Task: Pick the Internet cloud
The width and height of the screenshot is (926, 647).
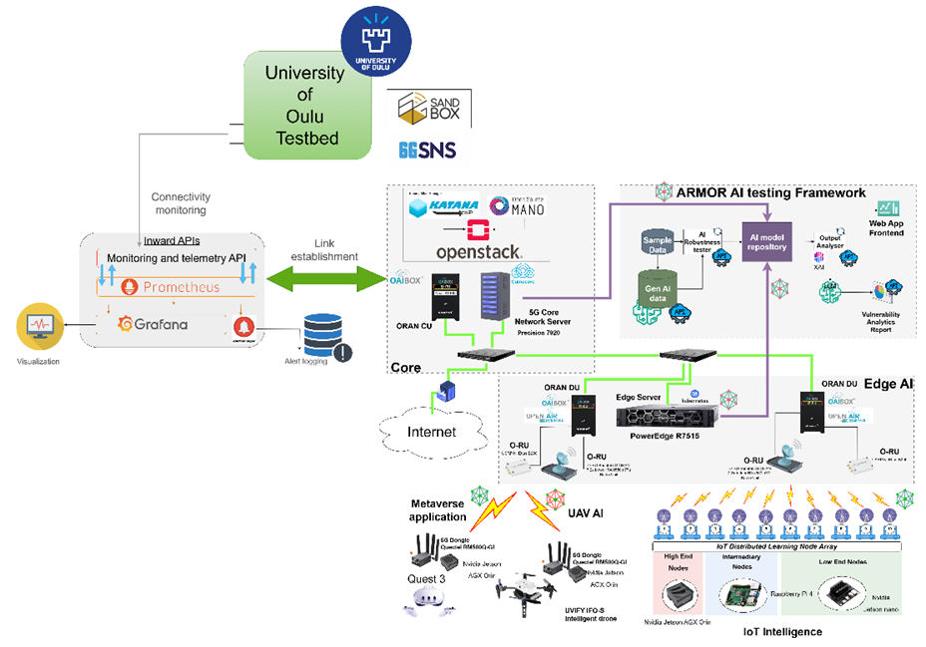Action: tap(432, 433)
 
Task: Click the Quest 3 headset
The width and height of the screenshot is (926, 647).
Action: tap(422, 598)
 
